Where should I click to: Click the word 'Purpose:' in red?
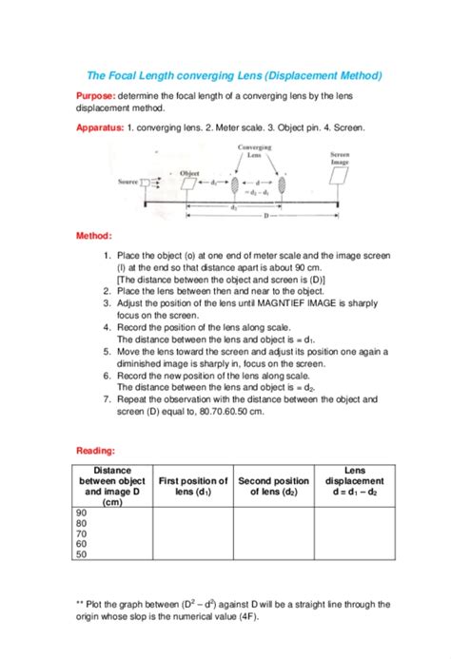[x=96, y=96]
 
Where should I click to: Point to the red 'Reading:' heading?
[x=96, y=450]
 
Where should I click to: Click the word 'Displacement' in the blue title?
[x=318, y=74]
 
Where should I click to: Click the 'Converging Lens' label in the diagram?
[x=254, y=152]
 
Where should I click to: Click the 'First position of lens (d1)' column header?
[x=192, y=486]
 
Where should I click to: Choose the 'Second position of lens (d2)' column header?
[x=273, y=486]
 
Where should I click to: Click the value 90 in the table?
[x=81, y=512]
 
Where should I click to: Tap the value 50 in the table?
[x=81, y=553]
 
